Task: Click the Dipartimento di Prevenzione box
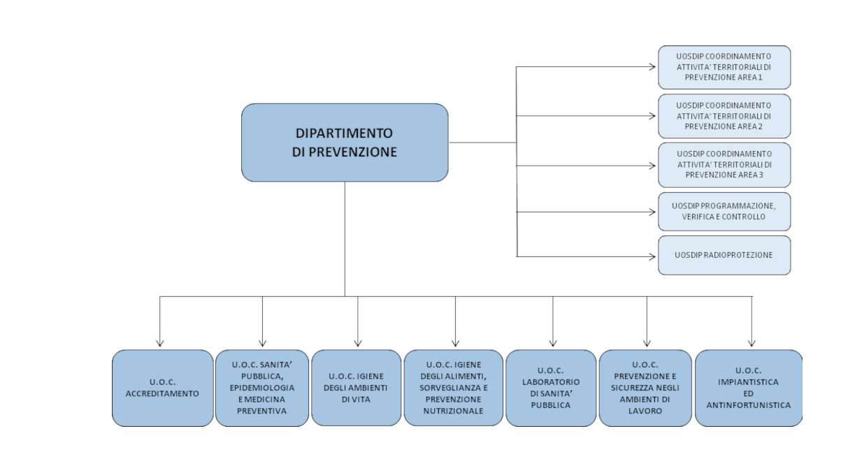coord(345,143)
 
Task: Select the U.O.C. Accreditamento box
coord(162,388)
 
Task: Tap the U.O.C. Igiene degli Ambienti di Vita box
coord(356,388)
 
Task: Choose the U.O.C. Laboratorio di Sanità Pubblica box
coord(551,388)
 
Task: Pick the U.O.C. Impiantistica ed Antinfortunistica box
coord(749,388)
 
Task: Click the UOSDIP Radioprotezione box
coord(724,256)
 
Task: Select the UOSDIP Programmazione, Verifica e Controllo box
coord(724,212)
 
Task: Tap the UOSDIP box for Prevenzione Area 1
coord(724,67)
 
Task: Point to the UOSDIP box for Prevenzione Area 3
coord(724,165)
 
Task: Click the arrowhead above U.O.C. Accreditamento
coord(159,344)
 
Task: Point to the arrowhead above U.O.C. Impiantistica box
coord(752,344)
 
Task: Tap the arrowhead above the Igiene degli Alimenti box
coord(455,344)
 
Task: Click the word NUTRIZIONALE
coord(453,411)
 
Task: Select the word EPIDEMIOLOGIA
coord(262,388)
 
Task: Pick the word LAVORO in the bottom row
coord(645,411)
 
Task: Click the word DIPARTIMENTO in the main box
coord(344,133)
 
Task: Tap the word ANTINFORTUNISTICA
coord(749,405)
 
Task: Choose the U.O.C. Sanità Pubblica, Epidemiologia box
coord(262,388)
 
